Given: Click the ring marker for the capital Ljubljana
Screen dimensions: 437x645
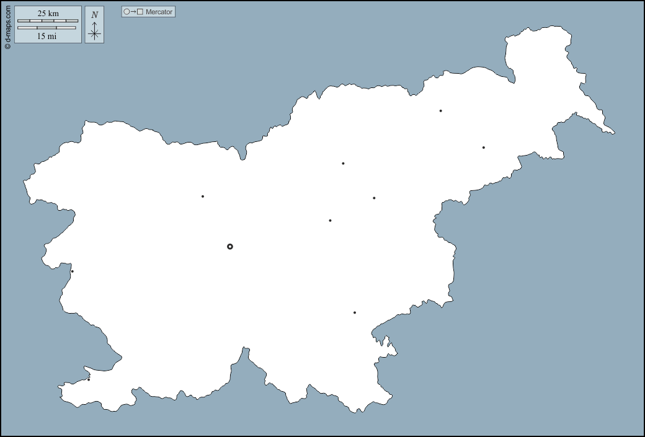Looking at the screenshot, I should (x=230, y=247).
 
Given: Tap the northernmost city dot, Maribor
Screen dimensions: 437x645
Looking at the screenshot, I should (x=441, y=111).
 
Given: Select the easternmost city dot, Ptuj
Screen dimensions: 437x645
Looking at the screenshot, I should (x=484, y=148).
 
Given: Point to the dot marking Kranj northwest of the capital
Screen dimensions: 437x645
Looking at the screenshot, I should (x=203, y=196).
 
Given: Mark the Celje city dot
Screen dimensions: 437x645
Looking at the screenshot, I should (x=374, y=198).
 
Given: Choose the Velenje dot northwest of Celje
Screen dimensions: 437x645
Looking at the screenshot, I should (x=343, y=164).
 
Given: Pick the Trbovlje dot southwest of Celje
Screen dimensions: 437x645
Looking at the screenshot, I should (x=330, y=221).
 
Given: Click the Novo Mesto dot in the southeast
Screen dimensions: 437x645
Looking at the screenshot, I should (x=355, y=312).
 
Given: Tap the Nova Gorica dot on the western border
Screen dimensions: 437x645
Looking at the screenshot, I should (x=73, y=271).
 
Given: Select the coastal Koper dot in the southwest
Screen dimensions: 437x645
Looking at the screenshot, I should (x=89, y=379).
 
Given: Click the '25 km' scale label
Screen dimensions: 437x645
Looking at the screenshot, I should (x=48, y=13).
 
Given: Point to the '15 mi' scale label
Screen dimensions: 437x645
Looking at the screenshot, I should (x=47, y=36).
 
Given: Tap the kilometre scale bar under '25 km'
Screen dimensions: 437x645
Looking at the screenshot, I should (x=48, y=21).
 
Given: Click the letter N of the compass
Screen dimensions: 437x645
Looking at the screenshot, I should (x=94, y=15).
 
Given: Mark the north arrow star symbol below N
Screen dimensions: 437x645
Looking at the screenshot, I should (x=94, y=33).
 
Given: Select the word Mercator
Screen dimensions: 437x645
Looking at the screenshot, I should (x=159, y=12).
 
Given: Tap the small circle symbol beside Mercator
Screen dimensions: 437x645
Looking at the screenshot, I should (x=127, y=12).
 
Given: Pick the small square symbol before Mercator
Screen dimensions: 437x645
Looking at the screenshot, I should (x=140, y=12).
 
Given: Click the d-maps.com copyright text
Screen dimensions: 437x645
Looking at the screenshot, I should (x=7, y=25).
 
